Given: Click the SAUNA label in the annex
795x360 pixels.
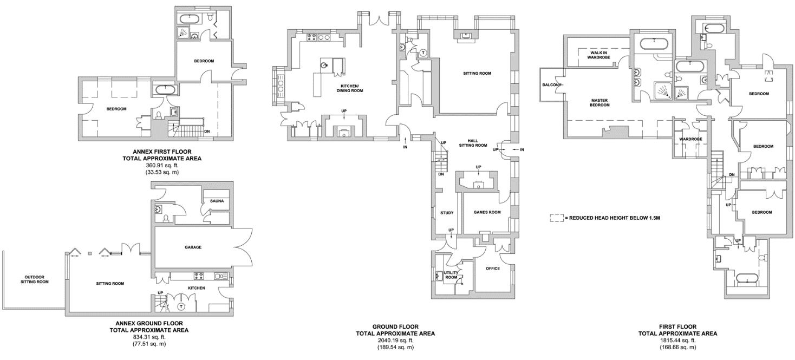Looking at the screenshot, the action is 217,201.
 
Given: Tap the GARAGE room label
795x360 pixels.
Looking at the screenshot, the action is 193,247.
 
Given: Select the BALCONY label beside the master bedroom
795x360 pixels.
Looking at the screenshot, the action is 552,86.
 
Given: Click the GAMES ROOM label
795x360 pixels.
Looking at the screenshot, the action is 487,212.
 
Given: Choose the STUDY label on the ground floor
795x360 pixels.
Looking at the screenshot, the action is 447,213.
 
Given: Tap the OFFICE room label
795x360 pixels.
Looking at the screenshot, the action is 492,269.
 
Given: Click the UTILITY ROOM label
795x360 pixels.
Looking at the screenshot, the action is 451,275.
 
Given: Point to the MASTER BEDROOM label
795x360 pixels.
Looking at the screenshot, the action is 600,102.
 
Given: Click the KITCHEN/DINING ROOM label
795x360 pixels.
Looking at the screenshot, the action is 351,88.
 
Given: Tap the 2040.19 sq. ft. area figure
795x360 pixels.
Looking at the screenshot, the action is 395,341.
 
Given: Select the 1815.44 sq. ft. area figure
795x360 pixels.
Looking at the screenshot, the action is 677,341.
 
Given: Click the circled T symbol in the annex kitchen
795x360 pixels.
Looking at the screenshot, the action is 181,306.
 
